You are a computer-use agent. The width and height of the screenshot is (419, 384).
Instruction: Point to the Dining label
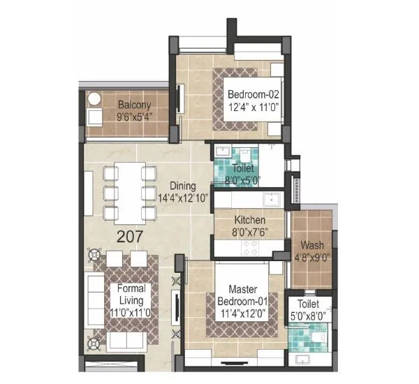[x=184, y=186]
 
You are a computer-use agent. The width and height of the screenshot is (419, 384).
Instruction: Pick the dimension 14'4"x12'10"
[x=184, y=198]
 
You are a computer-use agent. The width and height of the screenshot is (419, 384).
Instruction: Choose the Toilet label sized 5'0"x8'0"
[x=309, y=304]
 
